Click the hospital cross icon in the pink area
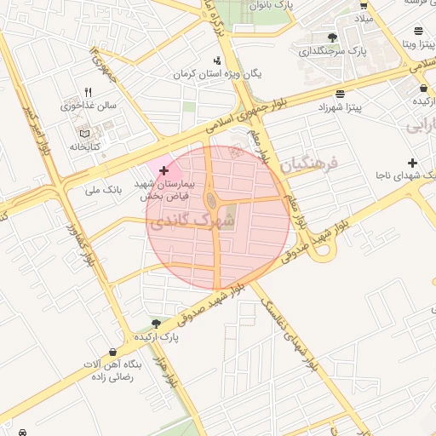[x=163, y=170]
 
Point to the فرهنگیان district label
[x=308, y=162]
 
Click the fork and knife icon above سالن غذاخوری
[x=87, y=93]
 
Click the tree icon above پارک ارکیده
[x=155, y=324]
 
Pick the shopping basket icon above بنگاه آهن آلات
[x=113, y=352]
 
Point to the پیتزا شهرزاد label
[x=341, y=108]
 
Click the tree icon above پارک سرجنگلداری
[x=332, y=37]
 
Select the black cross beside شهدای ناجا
[x=413, y=163]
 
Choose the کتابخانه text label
[x=83, y=147]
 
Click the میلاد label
[x=364, y=17]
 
